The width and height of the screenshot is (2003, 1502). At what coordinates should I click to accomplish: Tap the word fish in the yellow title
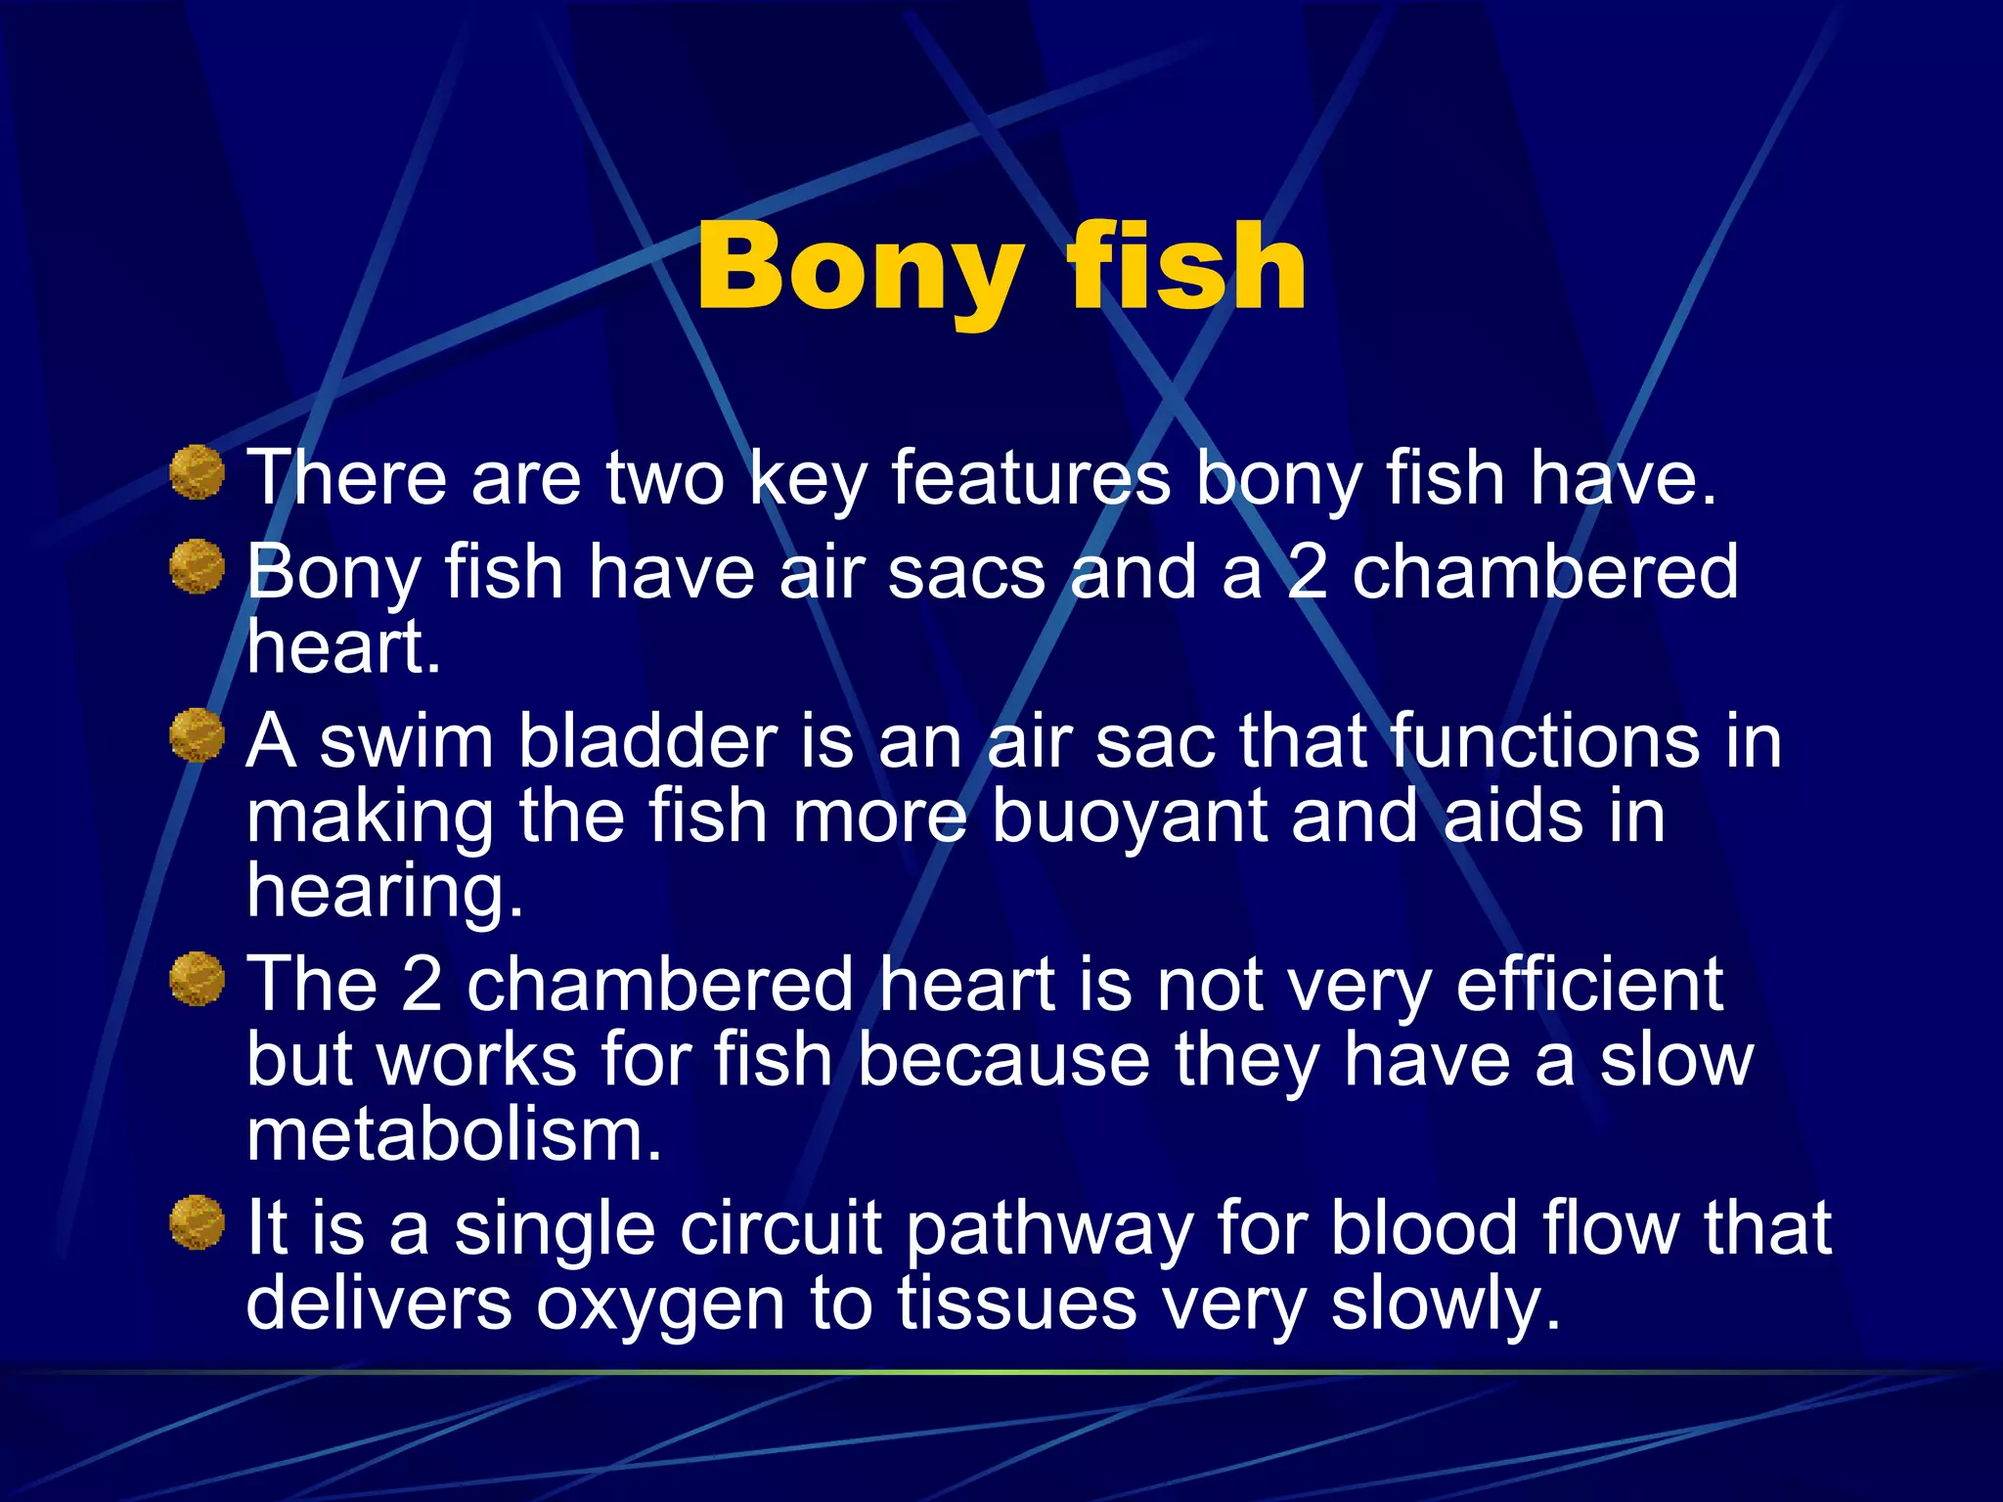point(1186,266)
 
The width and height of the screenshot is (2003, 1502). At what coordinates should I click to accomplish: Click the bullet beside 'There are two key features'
point(198,472)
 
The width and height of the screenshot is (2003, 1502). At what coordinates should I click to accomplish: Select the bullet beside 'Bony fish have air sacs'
point(198,566)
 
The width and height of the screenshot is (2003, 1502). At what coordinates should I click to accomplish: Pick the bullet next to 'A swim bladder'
point(198,735)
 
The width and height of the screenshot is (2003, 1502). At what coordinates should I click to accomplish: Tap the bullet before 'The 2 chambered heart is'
point(198,979)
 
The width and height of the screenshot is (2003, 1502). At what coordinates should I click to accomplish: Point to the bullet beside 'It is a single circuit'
point(198,1222)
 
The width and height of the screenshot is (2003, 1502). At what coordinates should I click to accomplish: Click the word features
point(1030,478)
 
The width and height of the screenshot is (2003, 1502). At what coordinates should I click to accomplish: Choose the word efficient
point(1588,985)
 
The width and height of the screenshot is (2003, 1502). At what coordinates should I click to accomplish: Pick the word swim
point(406,741)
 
